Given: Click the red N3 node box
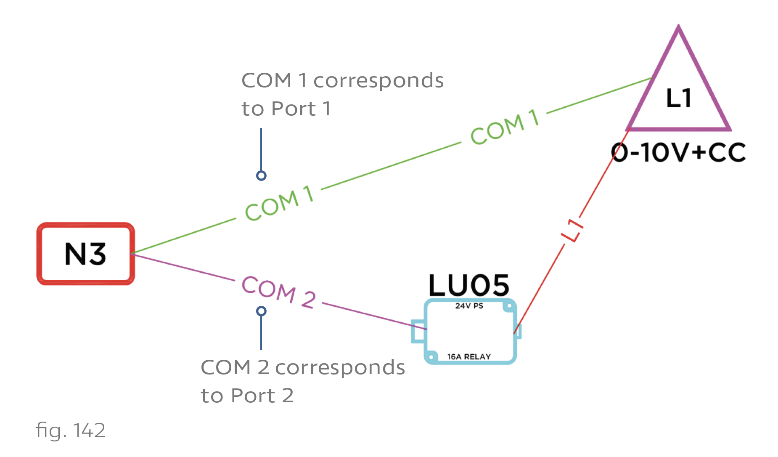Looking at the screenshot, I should (x=86, y=254).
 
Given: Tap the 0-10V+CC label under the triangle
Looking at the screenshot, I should (x=678, y=152).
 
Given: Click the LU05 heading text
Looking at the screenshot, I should (x=469, y=286).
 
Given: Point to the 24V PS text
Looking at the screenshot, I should (x=469, y=306).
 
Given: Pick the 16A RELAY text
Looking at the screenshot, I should (x=469, y=357).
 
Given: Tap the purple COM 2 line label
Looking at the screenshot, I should (x=278, y=292).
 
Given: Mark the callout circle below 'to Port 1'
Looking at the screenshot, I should (x=261, y=175).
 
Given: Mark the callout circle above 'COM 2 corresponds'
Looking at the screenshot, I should (x=261, y=311).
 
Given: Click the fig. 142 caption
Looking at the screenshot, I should (x=70, y=430).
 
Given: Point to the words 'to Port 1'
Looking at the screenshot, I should (x=286, y=109).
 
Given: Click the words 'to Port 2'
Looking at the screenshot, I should (x=247, y=396).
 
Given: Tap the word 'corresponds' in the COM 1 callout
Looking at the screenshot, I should (x=378, y=80).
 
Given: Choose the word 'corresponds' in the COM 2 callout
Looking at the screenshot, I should (x=340, y=367).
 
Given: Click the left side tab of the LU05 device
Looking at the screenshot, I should (x=418, y=331).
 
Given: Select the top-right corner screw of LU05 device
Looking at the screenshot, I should (x=509, y=306).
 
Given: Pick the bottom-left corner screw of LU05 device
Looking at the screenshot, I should (x=431, y=357).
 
